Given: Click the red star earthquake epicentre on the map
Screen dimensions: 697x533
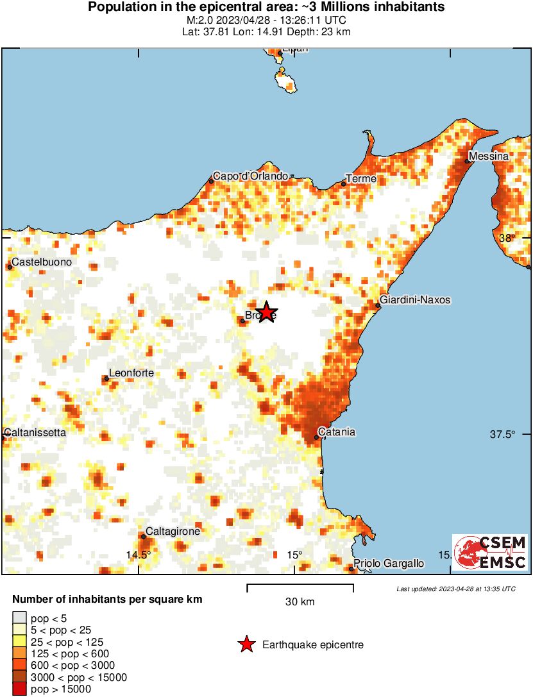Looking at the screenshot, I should (266, 312).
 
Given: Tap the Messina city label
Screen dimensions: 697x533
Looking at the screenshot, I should (489, 156).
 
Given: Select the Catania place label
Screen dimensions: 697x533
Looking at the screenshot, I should (337, 432).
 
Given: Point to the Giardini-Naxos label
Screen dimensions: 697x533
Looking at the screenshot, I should (415, 299).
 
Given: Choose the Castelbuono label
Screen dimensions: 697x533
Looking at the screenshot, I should (42, 262).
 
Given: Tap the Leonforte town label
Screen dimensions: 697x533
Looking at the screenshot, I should (131, 373).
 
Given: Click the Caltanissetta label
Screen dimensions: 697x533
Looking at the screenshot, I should (35, 432).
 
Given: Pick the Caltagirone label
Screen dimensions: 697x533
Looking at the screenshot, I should (173, 531).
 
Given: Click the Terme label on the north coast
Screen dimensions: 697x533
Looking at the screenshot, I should (361, 179).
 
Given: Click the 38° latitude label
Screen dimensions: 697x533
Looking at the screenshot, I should (507, 238).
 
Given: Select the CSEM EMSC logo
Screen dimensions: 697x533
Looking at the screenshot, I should (490, 552).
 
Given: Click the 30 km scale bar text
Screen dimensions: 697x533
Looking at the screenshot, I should (300, 601).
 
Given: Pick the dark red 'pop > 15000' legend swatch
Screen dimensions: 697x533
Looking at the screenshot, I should (20, 689).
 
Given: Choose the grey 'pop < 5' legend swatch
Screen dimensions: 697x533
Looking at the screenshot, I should (20, 618).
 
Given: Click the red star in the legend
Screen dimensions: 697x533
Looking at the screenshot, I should (246, 645).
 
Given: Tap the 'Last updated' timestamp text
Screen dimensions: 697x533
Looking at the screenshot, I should (455, 589).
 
